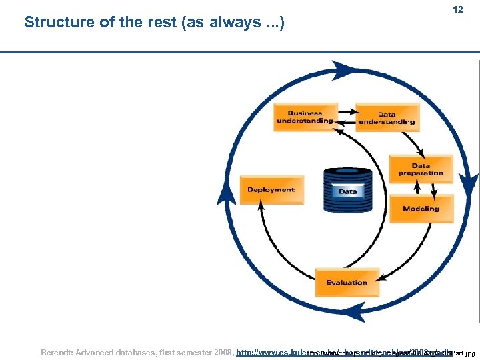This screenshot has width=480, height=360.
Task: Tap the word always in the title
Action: pos(227,22)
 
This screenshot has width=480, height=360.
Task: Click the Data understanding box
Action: pos(387,117)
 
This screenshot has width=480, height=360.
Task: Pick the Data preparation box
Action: pos(421,169)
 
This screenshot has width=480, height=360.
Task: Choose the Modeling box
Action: pos(421,209)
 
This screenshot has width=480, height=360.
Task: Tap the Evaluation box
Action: pos(347,283)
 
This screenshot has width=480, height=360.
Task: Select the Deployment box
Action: pos(271,190)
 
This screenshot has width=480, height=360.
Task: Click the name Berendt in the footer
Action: pos(59,351)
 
